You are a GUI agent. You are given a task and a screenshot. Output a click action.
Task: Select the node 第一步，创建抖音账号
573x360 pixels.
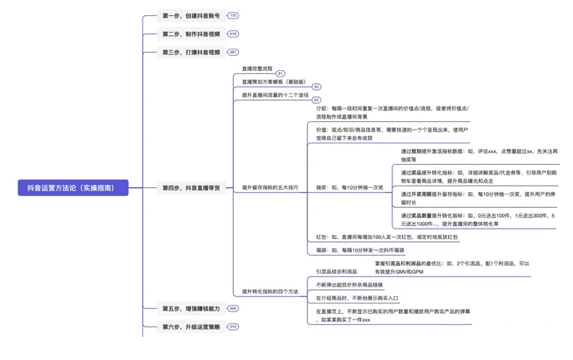[x=192, y=16]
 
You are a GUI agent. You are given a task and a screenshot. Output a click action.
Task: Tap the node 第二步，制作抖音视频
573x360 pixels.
[x=192, y=34]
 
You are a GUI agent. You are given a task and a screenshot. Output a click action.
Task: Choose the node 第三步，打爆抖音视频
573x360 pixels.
[x=192, y=53]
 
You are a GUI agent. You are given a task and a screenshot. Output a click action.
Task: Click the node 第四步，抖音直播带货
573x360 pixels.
[x=192, y=188]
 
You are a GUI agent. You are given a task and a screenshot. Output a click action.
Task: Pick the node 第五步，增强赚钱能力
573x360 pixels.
[x=192, y=308]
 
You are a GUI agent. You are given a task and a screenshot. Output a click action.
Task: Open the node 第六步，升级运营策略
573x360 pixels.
[x=192, y=327]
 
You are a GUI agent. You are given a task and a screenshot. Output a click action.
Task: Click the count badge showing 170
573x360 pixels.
[x=232, y=16]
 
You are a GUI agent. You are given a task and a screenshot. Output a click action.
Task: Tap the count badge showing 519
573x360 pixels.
[x=232, y=34]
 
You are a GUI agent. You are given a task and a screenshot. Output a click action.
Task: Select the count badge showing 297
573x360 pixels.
[x=232, y=53]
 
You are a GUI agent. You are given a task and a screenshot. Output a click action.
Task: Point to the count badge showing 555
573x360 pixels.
[x=232, y=308]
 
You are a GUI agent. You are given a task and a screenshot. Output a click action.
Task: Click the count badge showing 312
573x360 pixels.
[x=232, y=327]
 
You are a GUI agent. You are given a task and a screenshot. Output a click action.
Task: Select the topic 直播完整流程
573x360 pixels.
[x=262, y=69]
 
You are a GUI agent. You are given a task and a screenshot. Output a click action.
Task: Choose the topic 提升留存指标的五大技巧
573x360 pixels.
[x=270, y=188]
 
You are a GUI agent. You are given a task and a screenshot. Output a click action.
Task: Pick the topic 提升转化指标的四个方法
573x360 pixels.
[x=271, y=292]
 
